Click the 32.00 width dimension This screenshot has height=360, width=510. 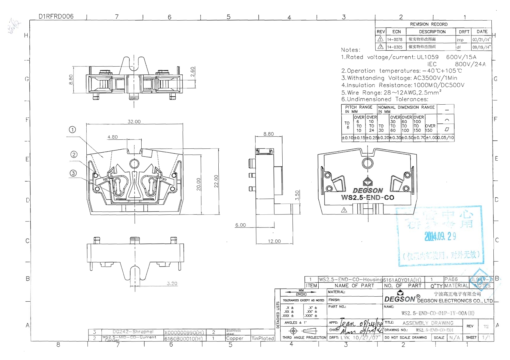click(x=134, y=121)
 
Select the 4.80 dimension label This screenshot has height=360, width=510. click(x=113, y=137)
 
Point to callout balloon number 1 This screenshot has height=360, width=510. click(x=72, y=130)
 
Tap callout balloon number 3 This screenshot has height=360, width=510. click(x=73, y=173)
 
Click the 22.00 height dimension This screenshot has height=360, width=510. click(x=216, y=181)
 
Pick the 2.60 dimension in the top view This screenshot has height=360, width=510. click(x=192, y=71)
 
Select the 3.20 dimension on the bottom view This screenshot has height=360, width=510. click(x=172, y=283)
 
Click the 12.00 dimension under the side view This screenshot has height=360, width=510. click(x=274, y=241)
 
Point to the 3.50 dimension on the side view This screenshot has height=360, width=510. click(x=297, y=195)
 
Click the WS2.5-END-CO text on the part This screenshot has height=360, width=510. click(x=368, y=198)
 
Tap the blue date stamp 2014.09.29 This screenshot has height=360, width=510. click(x=440, y=237)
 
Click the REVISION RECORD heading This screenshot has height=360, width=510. click(x=429, y=24)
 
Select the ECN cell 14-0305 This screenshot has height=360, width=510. click(x=395, y=47)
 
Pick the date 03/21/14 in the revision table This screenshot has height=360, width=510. click(x=481, y=40)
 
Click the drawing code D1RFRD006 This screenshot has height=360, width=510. click(x=56, y=16)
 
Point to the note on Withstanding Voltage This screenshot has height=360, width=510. click(x=399, y=78)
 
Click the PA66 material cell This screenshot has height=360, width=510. click(x=451, y=279)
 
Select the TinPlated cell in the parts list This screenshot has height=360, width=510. click(x=263, y=338)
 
